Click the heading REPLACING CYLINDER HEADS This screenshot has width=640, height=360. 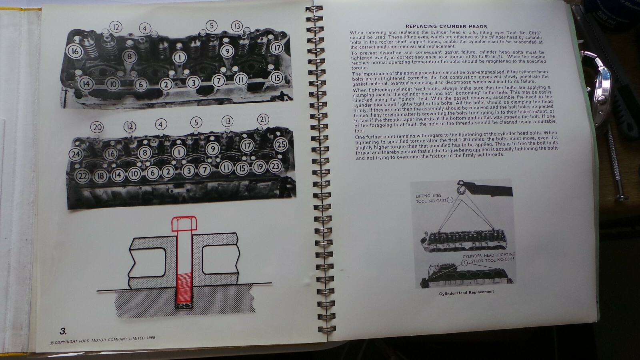447,26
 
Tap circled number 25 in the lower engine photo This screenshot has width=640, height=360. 281,144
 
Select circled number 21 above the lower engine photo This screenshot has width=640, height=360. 263,119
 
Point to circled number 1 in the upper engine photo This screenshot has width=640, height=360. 180,57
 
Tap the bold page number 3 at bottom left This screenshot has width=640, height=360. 63,331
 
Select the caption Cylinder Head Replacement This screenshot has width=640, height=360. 466,292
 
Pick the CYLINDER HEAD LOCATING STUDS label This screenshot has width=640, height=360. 489,257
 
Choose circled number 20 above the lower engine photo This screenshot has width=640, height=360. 97,128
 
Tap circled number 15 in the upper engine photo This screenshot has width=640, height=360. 276,78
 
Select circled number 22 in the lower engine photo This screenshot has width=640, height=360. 82,175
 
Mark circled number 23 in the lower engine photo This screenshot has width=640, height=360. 275,166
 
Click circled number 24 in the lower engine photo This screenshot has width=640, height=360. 75,154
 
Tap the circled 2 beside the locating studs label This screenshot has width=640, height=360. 464,263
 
